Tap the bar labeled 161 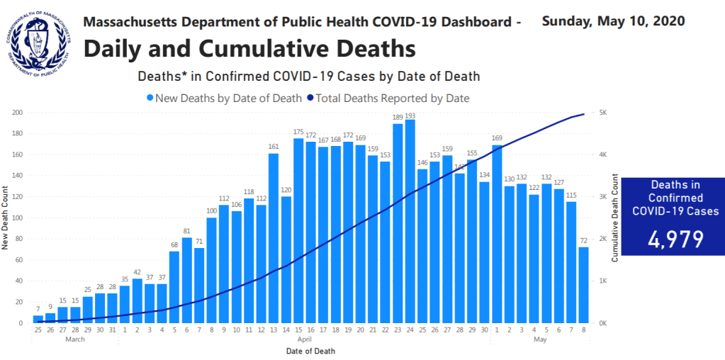tap(274, 238)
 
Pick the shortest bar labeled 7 tap(38, 319)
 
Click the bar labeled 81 tap(187, 280)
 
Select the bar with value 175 tap(299, 230)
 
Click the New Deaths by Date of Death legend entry tap(224, 99)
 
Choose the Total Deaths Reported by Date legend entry tap(390, 99)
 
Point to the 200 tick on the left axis tap(15, 113)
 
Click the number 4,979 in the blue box tap(675, 239)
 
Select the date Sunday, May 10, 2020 tap(613, 21)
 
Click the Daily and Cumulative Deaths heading tap(249, 49)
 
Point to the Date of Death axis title tap(310, 351)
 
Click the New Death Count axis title tap(6, 218)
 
